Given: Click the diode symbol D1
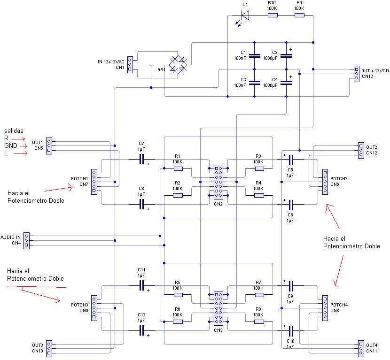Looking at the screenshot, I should pyautogui.click(x=245, y=15).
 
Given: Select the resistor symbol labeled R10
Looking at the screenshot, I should pyautogui.click(x=272, y=15).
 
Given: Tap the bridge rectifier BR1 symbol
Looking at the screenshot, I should pyautogui.click(x=178, y=65).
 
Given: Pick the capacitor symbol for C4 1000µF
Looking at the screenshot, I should pyautogui.click(x=286, y=83).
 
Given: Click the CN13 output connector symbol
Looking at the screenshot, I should pyautogui.click(x=356, y=73).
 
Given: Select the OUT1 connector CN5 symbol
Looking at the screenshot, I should pyautogui.click(x=49, y=146).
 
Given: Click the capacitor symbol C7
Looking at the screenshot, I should pyautogui.click(x=141, y=160).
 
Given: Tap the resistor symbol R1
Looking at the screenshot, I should pyautogui.click(x=178, y=169).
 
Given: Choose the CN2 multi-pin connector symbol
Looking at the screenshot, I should pyautogui.click(x=218, y=182).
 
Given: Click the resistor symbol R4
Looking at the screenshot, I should pyautogui.click(x=259, y=195).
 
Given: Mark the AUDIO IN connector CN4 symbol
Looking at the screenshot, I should pyautogui.click(x=26, y=240).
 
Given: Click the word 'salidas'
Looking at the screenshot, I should pyautogui.click(x=14, y=130).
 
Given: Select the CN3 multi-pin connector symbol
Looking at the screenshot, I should pyautogui.click(x=218, y=308).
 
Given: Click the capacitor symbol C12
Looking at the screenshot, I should pyautogui.click(x=141, y=330).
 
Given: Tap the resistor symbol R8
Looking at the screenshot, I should pyautogui.click(x=259, y=322).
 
